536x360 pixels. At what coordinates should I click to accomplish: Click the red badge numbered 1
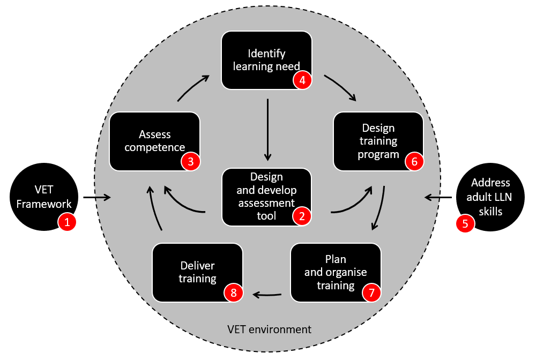coord(67,222)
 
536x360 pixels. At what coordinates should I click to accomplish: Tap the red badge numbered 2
coord(302,216)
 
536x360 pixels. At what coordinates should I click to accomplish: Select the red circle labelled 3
coord(190,162)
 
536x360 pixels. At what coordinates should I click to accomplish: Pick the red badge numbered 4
coord(302,81)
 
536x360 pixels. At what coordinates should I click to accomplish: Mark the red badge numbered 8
coord(233,292)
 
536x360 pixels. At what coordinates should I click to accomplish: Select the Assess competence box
coord(154,141)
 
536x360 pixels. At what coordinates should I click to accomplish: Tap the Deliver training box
coord(197,272)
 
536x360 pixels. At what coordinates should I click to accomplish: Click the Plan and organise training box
coord(336,272)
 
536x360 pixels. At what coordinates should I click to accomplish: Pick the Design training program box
coord(378,141)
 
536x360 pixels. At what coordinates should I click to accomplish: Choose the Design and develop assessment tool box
coord(266,196)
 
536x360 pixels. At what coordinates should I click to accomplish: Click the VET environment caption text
coord(269,329)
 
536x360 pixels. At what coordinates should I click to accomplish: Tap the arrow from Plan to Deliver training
coord(267,294)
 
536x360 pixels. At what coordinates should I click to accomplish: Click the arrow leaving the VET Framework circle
coord(97,198)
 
